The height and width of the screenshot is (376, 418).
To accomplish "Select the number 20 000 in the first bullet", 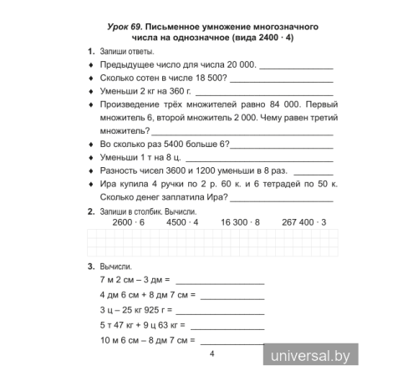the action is click(x=242, y=65).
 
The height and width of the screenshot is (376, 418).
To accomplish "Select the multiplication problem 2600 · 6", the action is click(x=128, y=223).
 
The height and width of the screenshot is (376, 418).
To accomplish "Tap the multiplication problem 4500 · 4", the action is click(x=182, y=223).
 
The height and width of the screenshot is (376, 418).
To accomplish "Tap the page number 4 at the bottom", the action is click(x=212, y=354).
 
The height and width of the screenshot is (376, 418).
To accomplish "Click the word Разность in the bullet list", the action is click(x=120, y=170).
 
